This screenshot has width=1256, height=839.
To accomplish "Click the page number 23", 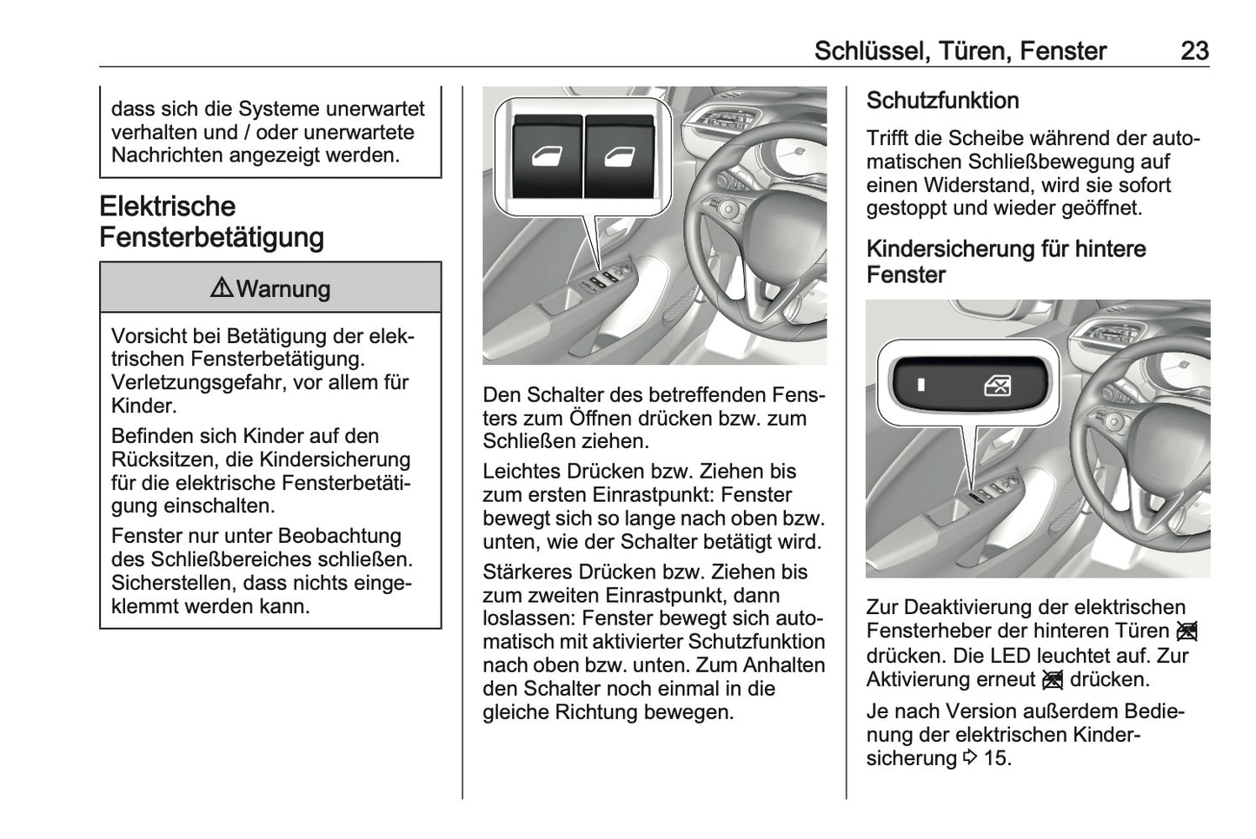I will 1193,50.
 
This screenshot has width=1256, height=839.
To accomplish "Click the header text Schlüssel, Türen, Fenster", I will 960,50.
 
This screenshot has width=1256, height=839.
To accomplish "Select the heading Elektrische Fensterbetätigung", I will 211,221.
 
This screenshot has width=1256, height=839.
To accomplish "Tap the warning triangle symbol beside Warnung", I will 221,288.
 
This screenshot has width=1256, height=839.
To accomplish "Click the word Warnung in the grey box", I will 283,289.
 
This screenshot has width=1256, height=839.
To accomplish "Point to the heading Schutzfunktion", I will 942,101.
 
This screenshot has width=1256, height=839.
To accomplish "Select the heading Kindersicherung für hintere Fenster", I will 1006,261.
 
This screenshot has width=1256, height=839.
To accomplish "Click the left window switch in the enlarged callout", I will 548,157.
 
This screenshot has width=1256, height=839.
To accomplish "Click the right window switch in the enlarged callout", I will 619,157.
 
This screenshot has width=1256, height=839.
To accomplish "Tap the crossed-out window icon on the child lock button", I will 997,385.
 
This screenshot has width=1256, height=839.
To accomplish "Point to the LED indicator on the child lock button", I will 920,384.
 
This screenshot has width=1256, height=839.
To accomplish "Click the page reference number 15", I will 998,758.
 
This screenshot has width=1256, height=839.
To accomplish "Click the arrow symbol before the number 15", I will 970,758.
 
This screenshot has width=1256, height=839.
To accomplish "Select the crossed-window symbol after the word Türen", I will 1187,631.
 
